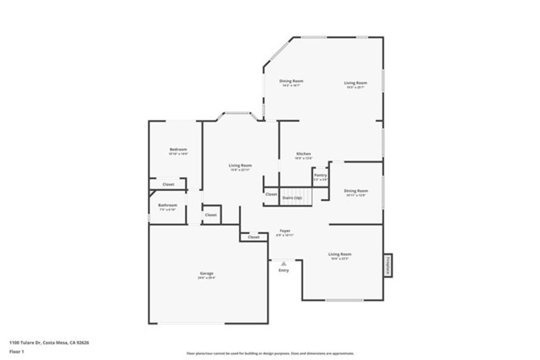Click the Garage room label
click(207, 273)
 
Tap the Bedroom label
click(178, 149)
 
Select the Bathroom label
click(168, 205)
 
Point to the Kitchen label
click(303, 153)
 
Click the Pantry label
click(320, 175)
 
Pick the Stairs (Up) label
click(292, 198)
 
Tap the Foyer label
click(285, 231)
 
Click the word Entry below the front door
click(284, 270)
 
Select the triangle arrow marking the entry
click(284, 263)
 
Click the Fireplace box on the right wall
click(388, 266)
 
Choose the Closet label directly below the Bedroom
click(168, 184)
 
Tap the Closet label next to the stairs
click(271, 194)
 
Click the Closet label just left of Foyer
click(254, 237)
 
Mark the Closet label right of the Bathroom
click(211, 215)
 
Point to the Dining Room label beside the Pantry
click(356, 191)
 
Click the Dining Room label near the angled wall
click(291, 81)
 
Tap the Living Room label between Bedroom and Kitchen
click(240, 166)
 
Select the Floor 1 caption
click(16, 351)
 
